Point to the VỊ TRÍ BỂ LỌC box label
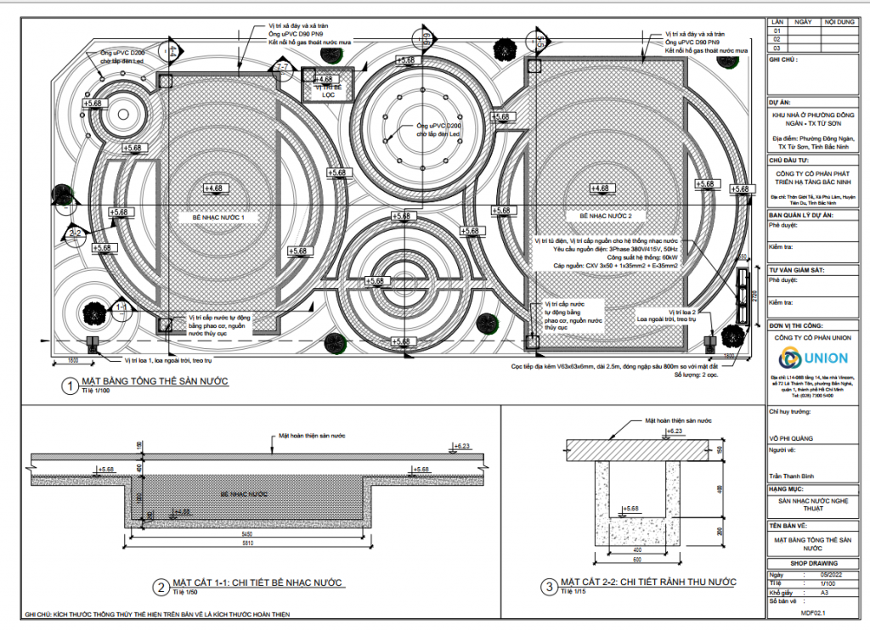coord(324,91)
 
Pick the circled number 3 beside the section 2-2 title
coord(549,584)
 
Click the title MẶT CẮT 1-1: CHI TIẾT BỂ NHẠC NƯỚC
coord(258,583)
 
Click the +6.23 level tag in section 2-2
coord(674,431)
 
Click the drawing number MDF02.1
coord(814,611)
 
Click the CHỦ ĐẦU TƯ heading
coord(788,159)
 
